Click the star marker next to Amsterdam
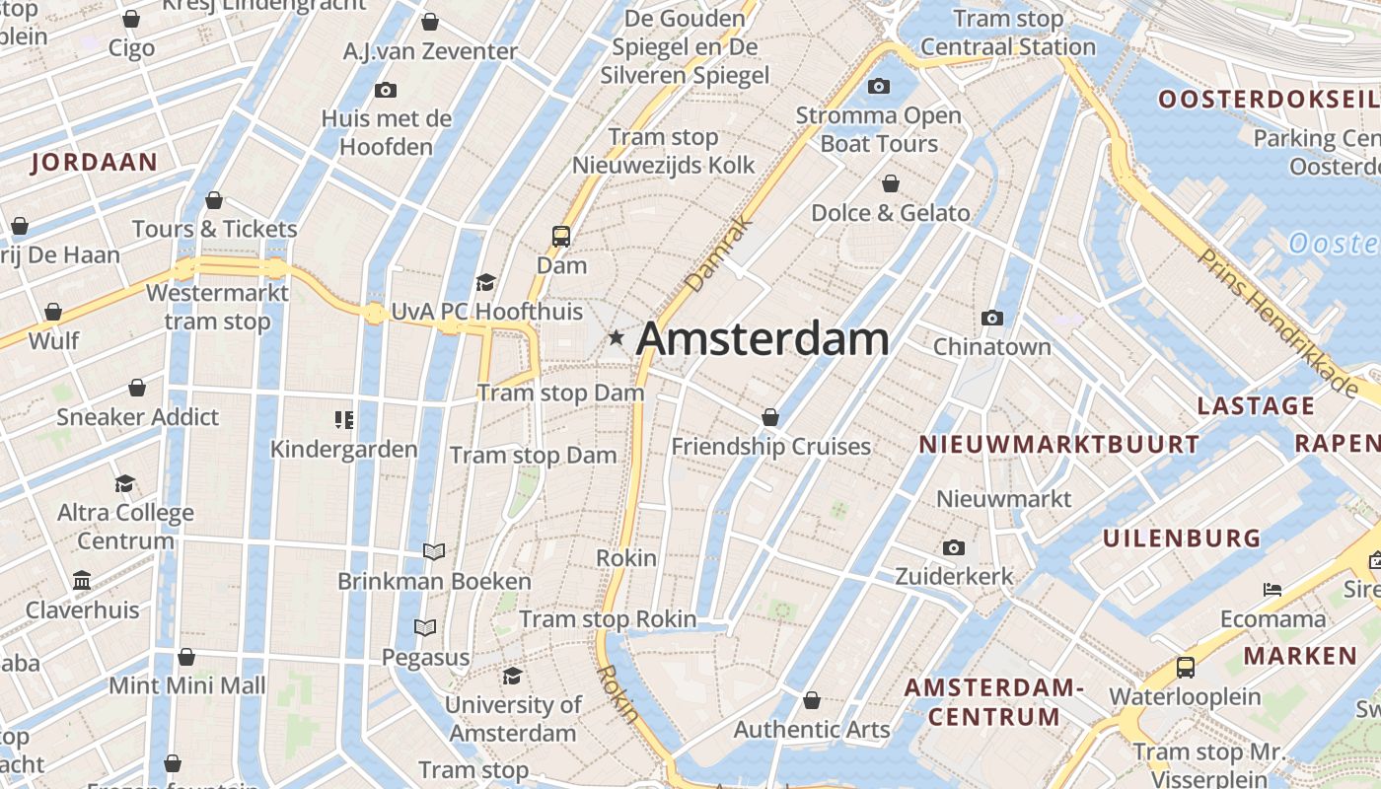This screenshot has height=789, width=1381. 617,338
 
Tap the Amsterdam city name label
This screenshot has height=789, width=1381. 763,338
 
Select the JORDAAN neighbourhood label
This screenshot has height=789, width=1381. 95,163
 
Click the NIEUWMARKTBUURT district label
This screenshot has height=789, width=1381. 1058,444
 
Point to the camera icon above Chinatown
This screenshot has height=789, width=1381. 992,318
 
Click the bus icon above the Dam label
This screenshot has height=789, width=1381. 561,236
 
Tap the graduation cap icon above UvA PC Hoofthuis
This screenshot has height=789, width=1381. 485,283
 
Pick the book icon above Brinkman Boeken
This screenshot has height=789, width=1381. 434,551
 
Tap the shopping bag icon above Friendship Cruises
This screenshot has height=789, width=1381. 770,417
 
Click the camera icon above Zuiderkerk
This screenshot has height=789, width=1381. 953,547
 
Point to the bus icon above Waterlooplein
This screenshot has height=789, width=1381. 1186,668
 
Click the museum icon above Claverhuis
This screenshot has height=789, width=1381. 82,580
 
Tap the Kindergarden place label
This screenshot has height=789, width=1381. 344,450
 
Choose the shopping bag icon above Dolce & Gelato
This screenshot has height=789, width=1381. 891,183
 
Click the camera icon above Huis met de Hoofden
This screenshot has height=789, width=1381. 386,91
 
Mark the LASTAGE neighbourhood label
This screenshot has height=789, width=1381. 1256,405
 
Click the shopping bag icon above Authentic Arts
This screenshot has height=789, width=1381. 812,700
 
